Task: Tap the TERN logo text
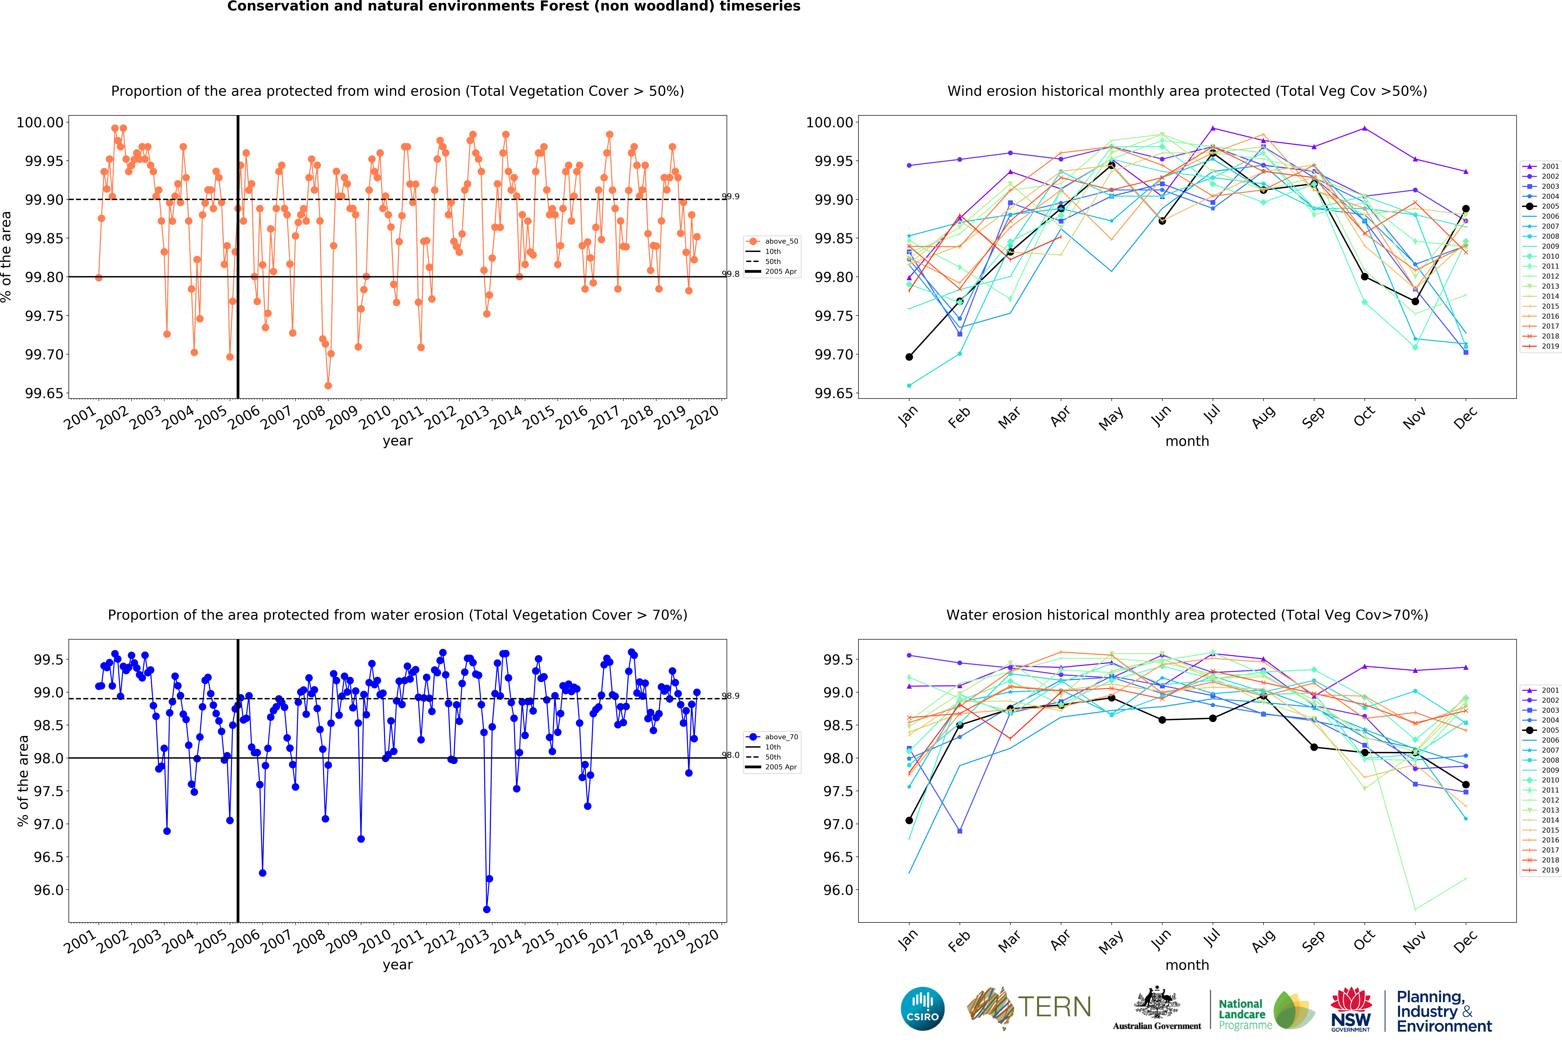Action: point(1054,1007)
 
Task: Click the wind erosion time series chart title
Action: point(397,91)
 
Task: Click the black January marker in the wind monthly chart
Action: point(909,357)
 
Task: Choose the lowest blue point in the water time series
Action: point(487,909)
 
